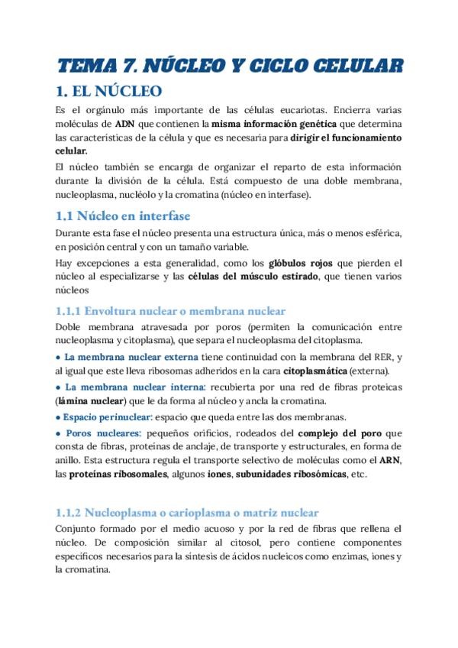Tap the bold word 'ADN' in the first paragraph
[124, 124]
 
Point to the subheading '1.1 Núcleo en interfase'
[124, 215]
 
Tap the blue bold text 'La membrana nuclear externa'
[131, 358]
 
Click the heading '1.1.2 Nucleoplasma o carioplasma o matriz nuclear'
[188, 513]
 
